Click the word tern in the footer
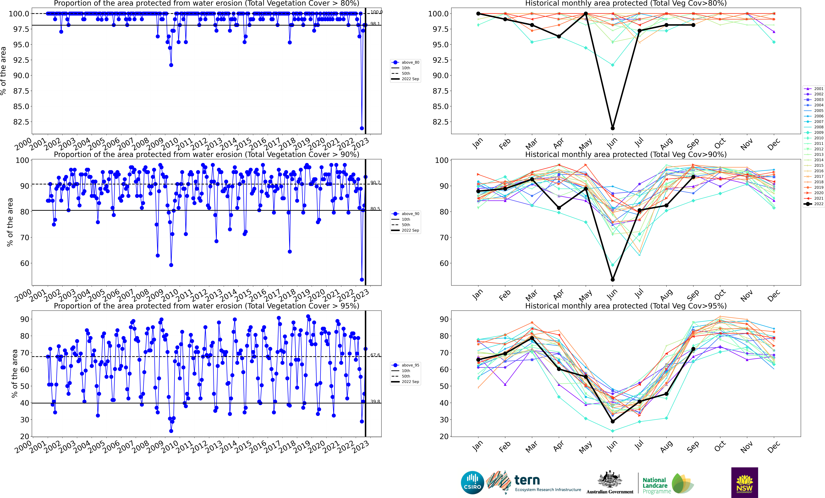(527, 480)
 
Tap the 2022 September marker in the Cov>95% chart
(693, 349)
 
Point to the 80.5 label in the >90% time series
(375, 209)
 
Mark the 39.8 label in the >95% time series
(375, 402)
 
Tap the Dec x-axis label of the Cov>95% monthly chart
(773, 447)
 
